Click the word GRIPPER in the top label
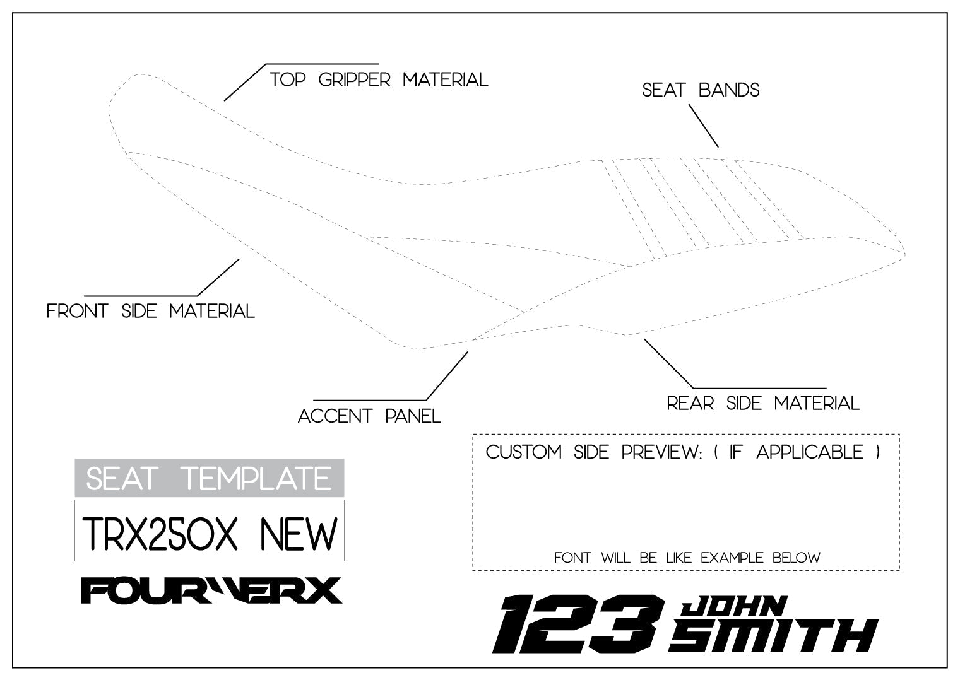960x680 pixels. pos(355,80)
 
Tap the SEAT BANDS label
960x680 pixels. pos(701,90)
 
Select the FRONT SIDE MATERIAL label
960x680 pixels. pos(151,311)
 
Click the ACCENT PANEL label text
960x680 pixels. pos(369,416)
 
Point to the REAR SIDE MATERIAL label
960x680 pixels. pos(763,403)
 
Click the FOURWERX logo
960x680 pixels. pos(211,590)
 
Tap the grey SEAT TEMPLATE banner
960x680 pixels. pos(209,478)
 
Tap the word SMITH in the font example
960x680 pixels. pos(774,636)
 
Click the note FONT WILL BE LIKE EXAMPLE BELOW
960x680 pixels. pos(687,558)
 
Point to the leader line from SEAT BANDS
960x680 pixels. pos(703,126)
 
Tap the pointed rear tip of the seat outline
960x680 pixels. pos(904,255)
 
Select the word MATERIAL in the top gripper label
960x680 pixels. pos(446,80)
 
